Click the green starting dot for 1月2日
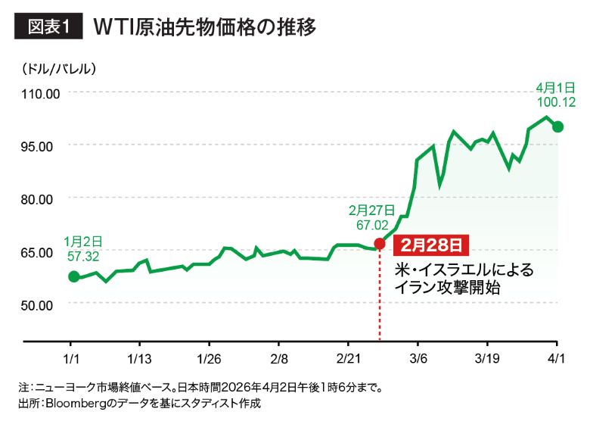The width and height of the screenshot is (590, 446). pos(73,276)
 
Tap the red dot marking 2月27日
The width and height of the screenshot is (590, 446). pos(380,244)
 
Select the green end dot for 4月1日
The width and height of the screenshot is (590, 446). pos(557,126)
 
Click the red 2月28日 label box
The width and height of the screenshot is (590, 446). pos(431,245)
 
